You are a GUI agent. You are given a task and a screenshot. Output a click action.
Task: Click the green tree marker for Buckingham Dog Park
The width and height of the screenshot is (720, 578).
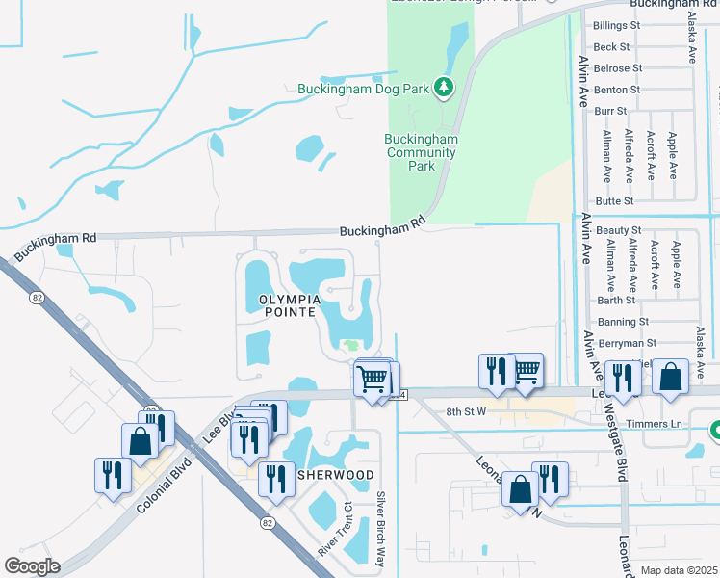[443, 89]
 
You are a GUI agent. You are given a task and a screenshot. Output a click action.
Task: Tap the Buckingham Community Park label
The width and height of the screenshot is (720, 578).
[422, 152]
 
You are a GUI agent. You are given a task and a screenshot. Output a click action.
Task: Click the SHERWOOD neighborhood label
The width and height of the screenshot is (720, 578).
[335, 476]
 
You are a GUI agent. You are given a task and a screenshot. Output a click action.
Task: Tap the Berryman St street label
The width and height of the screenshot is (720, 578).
[625, 343]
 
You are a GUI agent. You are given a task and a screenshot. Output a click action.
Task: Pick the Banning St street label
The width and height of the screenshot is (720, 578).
[623, 322]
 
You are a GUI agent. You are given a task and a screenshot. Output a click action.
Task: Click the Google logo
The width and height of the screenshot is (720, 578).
[32, 566]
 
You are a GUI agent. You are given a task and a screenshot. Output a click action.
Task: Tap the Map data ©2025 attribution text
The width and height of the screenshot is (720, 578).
[678, 570]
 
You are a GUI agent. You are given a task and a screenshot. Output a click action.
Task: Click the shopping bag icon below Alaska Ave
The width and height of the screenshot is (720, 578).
[670, 377]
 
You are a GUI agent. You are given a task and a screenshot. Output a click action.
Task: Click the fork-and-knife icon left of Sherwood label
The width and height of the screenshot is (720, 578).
[275, 476]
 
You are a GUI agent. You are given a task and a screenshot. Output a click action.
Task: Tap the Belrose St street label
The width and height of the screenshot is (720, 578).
[618, 68]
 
